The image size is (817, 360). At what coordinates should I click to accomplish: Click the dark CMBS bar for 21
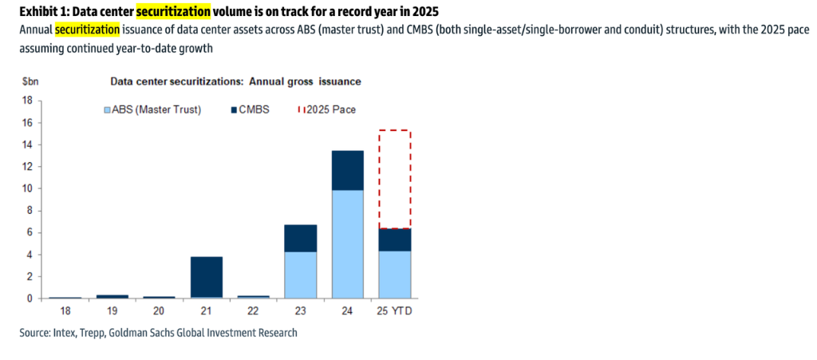pos(206,277)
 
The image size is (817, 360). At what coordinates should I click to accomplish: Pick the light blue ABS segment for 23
pos(301,275)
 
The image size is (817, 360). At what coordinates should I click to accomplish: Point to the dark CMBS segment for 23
pos(301,238)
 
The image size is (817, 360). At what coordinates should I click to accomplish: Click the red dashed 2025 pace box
pos(395,179)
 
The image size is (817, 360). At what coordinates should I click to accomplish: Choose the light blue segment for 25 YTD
pos(395,275)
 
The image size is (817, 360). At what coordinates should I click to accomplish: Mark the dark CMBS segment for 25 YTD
pos(395,239)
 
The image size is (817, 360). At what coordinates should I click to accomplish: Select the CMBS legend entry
pos(254,109)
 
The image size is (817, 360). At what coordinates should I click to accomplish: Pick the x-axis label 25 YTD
pos(395,311)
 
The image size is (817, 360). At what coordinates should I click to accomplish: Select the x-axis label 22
pos(253,311)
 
